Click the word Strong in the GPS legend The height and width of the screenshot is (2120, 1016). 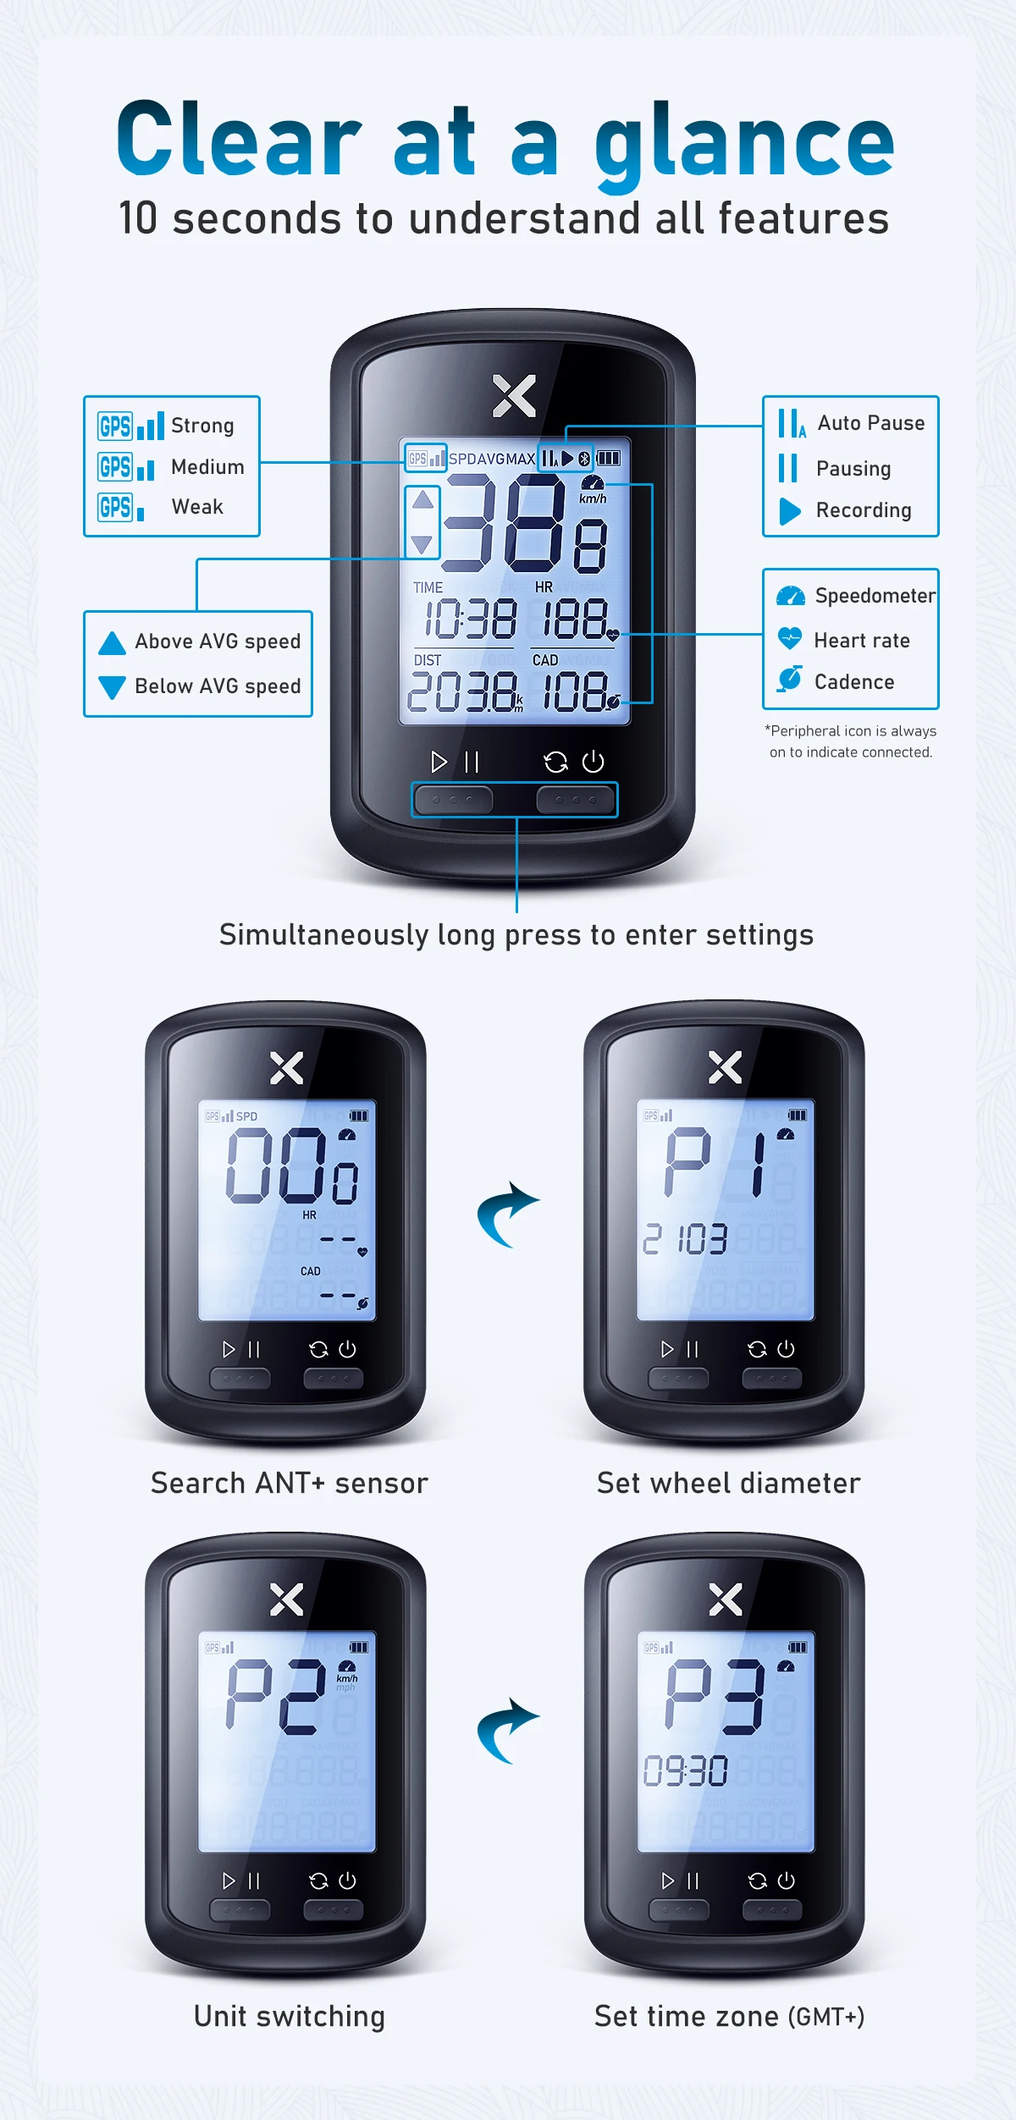pyautogui.click(x=202, y=426)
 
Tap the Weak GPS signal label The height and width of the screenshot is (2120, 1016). pyautogui.click(x=197, y=507)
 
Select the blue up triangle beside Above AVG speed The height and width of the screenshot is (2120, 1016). pyautogui.click(x=112, y=643)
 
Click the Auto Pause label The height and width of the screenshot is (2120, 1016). pyautogui.click(x=871, y=423)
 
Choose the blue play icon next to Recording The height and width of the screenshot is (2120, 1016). pyautogui.click(x=790, y=511)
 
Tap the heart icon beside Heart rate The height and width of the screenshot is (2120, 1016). pyautogui.click(x=790, y=638)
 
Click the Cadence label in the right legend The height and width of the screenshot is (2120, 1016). pyautogui.click(x=854, y=682)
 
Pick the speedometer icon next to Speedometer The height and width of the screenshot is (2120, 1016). pyautogui.click(x=791, y=596)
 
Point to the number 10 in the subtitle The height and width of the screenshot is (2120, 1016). pyautogui.click(x=138, y=218)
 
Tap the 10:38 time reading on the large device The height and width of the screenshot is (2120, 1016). pyautogui.click(x=470, y=619)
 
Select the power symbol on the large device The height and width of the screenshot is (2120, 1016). pyautogui.click(x=594, y=762)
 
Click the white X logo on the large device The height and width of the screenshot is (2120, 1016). pyautogui.click(x=515, y=396)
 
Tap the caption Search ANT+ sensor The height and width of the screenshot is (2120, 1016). pyautogui.click(x=290, y=1484)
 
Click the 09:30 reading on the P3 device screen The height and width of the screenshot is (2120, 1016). pyautogui.click(x=686, y=1771)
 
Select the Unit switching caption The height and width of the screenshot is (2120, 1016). pyautogui.click(x=290, y=2017)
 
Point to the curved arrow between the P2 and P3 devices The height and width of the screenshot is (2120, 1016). pyautogui.click(x=508, y=1730)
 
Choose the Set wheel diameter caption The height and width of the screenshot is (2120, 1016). pyautogui.click(x=729, y=1484)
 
